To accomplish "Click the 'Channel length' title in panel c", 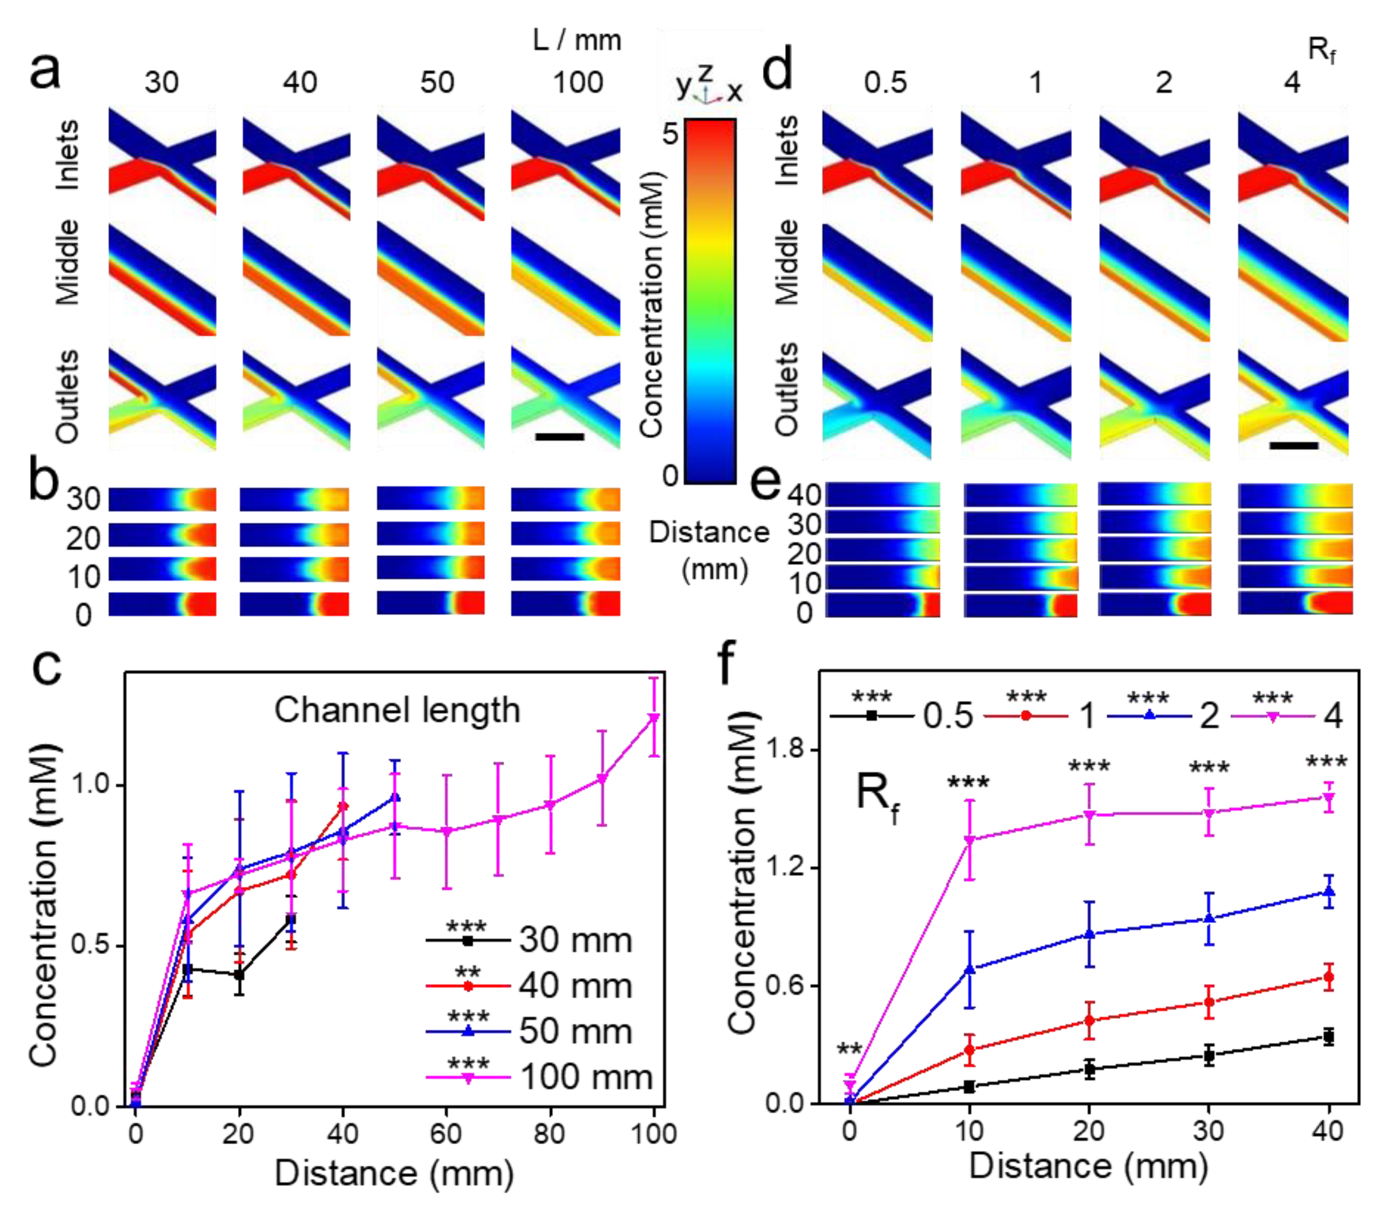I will click(x=397, y=711).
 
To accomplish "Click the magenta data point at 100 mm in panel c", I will click(x=653, y=718).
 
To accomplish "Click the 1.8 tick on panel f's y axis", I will click(x=787, y=750).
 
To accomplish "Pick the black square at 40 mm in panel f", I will click(x=1329, y=1037).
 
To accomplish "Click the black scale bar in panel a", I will click(x=559, y=437).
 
